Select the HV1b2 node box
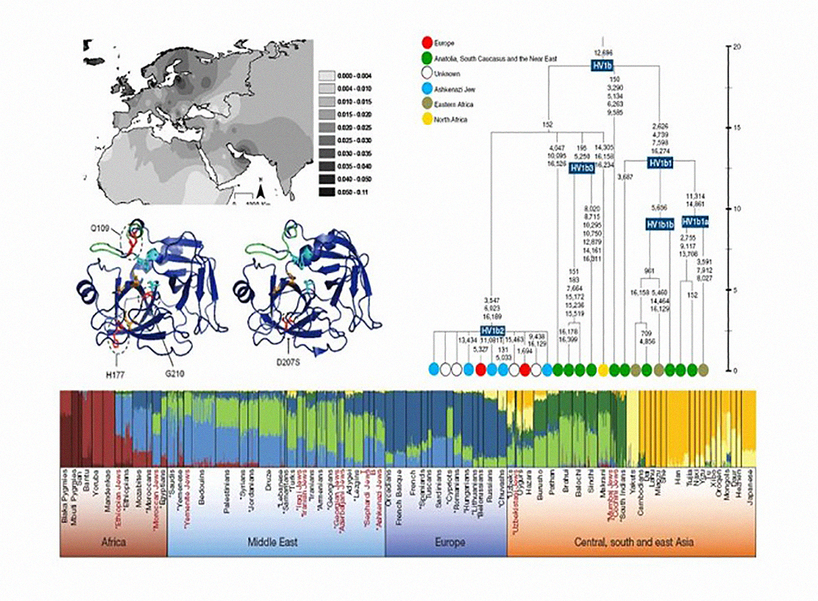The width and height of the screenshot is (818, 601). [x=492, y=329]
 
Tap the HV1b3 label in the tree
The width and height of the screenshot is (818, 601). [x=581, y=168]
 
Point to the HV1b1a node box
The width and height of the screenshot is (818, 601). [x=695, y=222]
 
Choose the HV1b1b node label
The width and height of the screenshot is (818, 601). [x=660, y=224]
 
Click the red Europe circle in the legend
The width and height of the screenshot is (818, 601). [x=427, y=42]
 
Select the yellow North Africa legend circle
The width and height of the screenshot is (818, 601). [x=427, y=120]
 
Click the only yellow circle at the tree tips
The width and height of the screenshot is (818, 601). [x=603, y=369]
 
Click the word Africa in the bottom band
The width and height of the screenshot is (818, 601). [x=113, y=543]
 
